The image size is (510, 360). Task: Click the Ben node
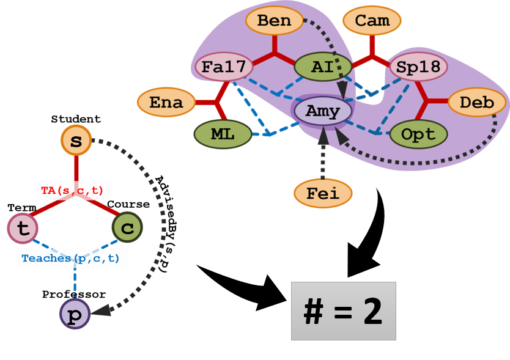(274, 21)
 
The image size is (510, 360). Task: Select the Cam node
(372, 21)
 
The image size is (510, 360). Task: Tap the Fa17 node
(223, 67)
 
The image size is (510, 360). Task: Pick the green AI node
(323, 67)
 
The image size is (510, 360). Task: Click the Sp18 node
(419, 67)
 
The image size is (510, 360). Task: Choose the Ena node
(166, 103)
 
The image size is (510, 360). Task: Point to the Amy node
(323, 111)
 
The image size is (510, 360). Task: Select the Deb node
(477, 103)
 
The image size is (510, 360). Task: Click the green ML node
(223, 134)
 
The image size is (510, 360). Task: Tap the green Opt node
(419, 134)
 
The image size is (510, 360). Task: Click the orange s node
(76, 141)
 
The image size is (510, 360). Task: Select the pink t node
(23, 229)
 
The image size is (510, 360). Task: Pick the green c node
(127, 228)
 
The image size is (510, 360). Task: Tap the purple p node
(75, 314)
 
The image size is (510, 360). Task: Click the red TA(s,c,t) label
(72, 191)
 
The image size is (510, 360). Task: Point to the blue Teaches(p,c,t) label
(72, 259)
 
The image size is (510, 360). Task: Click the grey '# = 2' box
(343, 311)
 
